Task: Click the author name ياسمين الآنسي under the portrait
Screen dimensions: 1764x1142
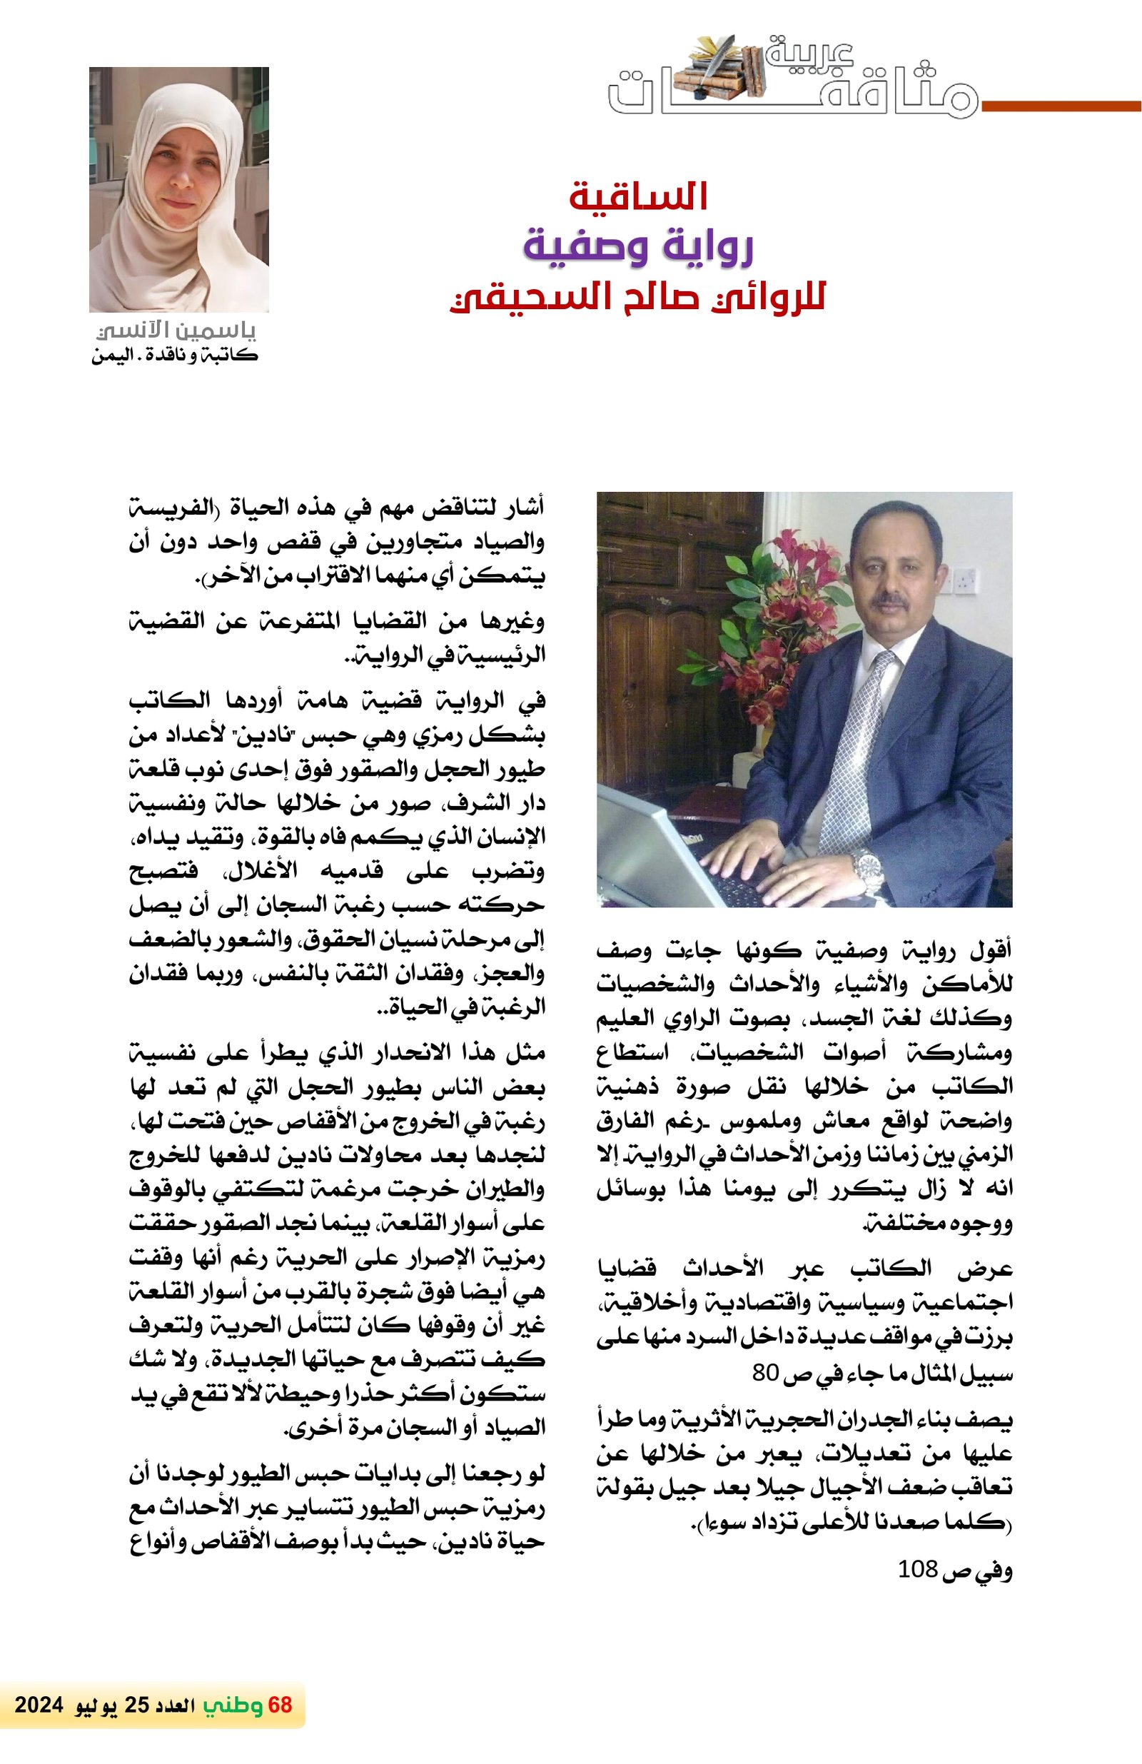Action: coord(176,331)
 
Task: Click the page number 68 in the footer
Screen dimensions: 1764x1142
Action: coord(280,1705)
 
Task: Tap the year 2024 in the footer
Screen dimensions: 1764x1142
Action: coord(39,1705)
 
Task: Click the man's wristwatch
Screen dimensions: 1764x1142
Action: coord(867,865)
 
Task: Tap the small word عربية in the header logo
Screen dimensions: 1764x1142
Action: coord(809,54)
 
